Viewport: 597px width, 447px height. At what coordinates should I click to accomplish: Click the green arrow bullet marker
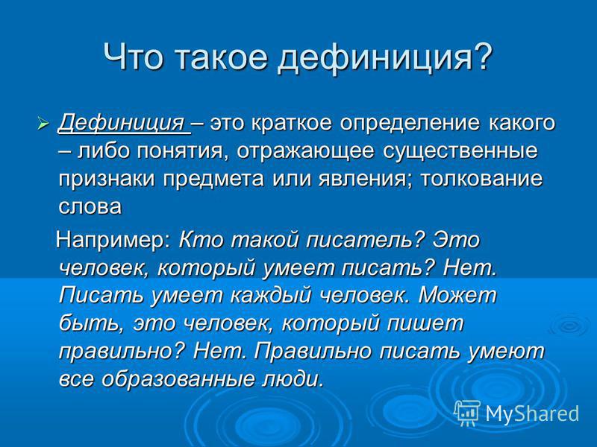44,124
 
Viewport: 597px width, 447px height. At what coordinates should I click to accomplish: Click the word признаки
107,180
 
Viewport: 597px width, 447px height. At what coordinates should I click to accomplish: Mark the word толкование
481,179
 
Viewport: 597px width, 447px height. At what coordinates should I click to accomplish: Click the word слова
90,207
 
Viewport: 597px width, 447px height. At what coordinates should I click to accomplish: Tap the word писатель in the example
365,241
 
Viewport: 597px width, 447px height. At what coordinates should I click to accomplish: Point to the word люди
293,379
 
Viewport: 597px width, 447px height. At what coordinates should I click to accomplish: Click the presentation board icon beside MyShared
468,413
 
